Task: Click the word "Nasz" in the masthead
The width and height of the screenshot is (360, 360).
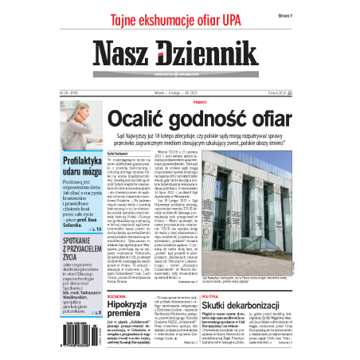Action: point(123,55)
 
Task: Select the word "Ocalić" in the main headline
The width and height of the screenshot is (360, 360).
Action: point(143,120)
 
